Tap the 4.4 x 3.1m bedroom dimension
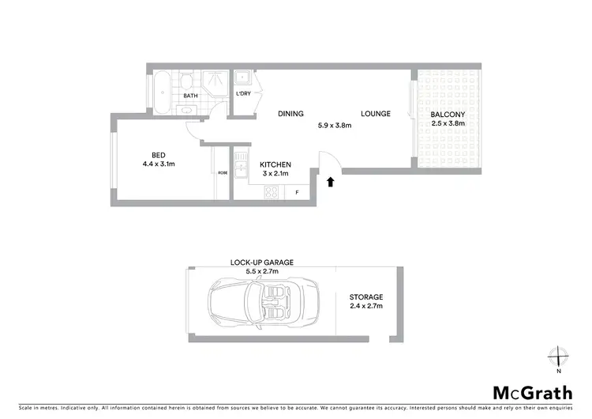click(158, 164)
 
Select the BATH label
click(191, 96)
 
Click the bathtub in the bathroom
click(161, 91)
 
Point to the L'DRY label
click(244, 94)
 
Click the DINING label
click(290, 114)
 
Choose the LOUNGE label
click(376, 114)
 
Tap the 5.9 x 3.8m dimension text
click(334, 125)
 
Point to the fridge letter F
click(297, 191)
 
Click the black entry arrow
click(331, 183)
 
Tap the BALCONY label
click(448, 114)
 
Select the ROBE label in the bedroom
click(223, 172)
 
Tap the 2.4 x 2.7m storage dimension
click(365, 306)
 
